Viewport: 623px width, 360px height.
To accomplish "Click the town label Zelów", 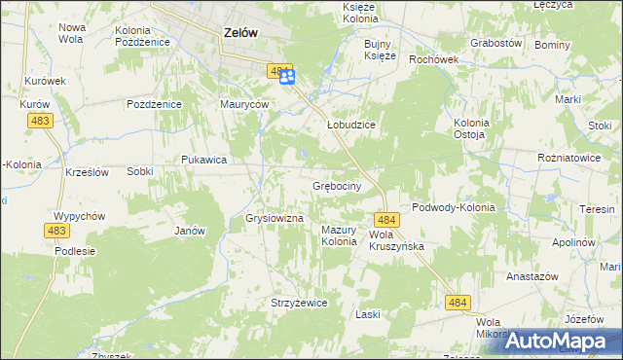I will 240,31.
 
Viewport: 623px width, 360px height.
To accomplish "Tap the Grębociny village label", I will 337,185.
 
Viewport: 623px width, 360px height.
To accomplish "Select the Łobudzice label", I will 350,126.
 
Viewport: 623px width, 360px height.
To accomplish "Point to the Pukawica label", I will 204,159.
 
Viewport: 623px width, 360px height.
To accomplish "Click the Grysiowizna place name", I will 275,219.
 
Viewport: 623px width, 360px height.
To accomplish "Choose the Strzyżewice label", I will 299,303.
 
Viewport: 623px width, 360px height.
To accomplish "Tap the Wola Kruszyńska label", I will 397,241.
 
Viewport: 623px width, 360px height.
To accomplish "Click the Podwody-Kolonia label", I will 454,207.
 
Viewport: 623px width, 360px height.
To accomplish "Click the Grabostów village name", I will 496,44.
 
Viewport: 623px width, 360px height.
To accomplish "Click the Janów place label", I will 189,231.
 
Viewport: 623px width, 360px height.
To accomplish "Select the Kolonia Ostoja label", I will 474,128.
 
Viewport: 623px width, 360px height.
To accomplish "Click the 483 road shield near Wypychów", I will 55,230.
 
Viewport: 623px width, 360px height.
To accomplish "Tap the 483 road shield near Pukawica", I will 40,119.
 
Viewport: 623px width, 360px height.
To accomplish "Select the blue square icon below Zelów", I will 287,77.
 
